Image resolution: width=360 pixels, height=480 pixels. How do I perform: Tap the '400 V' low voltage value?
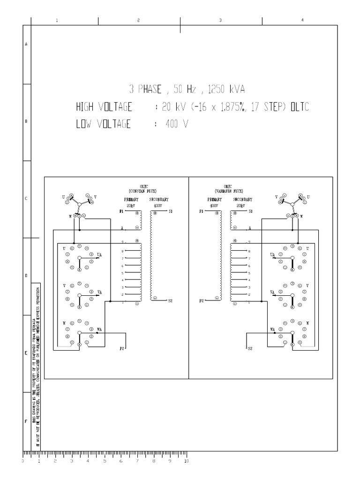pos(176,125)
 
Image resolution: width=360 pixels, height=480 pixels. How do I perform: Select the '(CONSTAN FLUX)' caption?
pos(143,191)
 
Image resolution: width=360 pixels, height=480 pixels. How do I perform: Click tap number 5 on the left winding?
pos(123,273)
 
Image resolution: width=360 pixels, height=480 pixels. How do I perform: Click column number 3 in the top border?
pos(220,21)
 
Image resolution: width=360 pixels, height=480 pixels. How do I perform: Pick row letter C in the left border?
pos(26,198)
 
